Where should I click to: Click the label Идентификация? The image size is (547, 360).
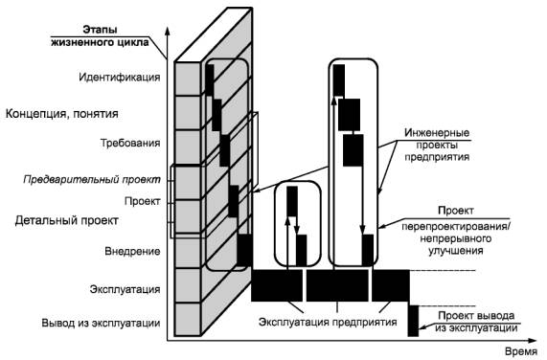pyautogui.click(x=120, y=78)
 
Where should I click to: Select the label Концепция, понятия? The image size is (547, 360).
pyautogui.click(x=62, y=114)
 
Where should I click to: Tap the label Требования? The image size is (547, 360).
pyautogui.click(x=130, y=143)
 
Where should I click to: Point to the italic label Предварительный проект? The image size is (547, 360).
pyautogui.click(x=92, y=180)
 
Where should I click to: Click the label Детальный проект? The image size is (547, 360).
pyautogui.click(x=67, y=220)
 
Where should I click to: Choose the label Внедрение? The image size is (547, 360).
pyautogui.click(x=132, y=251)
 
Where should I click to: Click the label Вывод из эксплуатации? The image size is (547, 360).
pyautogui.click(x=101, y=323)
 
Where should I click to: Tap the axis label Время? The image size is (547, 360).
pyautogui.click(x=521, y=352)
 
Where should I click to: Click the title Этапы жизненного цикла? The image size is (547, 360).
pyautogui.click(x=101, y=35)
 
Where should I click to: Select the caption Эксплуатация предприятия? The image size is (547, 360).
pyautogui.click(x=328, y=322)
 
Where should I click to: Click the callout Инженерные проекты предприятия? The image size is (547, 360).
pyautogui.click(x=437, y=145)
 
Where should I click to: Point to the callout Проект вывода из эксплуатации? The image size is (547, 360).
pyautogui.click(x=476, y=322)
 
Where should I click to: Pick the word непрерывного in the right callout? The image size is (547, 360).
pyautogui.click(x=456, y=238)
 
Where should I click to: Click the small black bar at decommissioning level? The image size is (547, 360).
pyautogui.click(x=414, y=321)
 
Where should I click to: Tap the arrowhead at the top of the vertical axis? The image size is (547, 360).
pyautogui.click(x=168, y=31)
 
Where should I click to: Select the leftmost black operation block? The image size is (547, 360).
pyautogui.click(x=277, y=285)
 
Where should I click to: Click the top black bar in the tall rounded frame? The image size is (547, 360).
pyautogui.click(x=339, y=79)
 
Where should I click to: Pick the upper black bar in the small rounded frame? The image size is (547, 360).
pyautogui.click(x=292, y=201)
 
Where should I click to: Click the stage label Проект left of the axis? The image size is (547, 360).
pyautogui.click(x=143, y=201)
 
